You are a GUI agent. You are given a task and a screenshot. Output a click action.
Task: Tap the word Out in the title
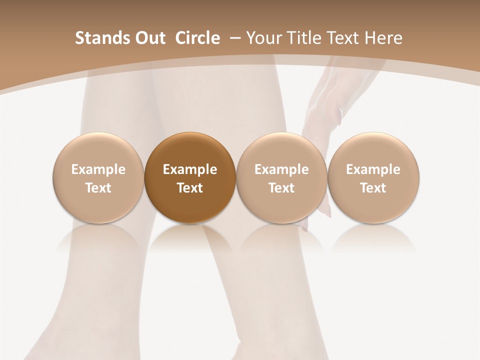pos(149,38)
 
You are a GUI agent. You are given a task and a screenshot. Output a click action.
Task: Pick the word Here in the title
pos(383,38)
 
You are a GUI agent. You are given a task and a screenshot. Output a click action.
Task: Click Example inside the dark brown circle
pos(190,169)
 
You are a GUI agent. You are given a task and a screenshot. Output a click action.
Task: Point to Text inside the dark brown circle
pos(190,188)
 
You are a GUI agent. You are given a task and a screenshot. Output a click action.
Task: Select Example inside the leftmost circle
pos(98,169)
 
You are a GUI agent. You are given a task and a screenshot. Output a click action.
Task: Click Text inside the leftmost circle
pos(98,188)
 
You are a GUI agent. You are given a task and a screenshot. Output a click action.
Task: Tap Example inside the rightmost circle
pos(373,169)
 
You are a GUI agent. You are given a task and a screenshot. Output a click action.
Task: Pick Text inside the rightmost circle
pos(373,188)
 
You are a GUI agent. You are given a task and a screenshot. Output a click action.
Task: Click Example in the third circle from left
pos(281,169)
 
